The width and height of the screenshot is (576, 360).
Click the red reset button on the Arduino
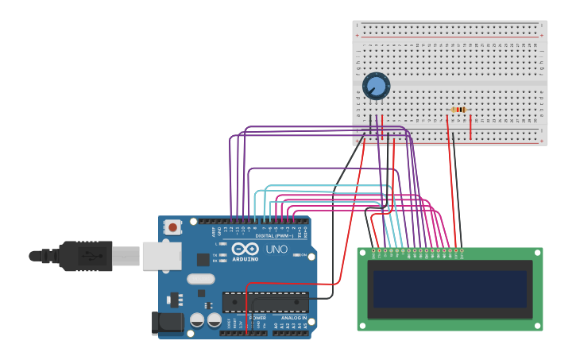click(172, 227)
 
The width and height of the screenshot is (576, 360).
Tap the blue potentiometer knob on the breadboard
click(376, 86)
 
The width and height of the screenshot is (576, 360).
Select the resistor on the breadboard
click(458, 110)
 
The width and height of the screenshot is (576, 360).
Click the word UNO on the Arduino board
click(276, 250)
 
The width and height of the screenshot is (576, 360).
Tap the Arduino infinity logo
click(245, 249)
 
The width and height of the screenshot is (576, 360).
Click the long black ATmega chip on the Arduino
click(265, 301)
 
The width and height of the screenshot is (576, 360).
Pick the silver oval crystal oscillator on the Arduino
click(201, 279)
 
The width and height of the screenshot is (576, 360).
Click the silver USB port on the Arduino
click(162, 256)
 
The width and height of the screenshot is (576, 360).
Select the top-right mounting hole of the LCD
click(537, 254)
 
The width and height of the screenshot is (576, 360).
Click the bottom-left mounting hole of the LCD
click(363, 325)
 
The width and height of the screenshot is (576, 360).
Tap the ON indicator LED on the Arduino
click(296, 255)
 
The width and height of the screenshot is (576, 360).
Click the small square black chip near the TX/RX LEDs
click(203, 259)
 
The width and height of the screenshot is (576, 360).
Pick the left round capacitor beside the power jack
click(197, 320)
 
